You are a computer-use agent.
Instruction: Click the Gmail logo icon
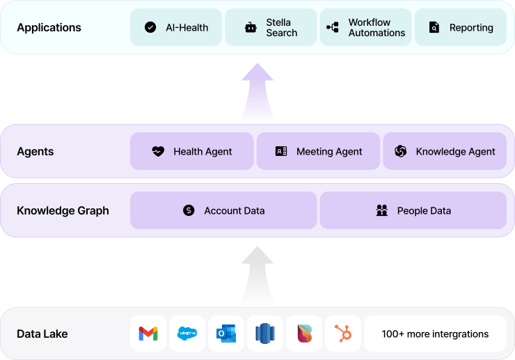point(148,334)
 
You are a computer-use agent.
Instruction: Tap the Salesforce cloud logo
point(187,334)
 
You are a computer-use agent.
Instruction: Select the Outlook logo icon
point(226,334)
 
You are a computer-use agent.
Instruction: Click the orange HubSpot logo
point(342,334)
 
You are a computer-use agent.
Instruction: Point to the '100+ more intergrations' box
point(435,334)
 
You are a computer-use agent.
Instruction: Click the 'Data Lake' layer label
point(42,334)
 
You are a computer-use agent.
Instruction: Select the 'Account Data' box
point(223,210)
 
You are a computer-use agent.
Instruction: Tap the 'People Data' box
point(413,210)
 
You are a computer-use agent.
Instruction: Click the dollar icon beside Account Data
point(189,210)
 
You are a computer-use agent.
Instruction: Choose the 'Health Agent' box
point(191,151)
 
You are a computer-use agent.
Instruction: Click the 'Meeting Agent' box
point(318,151)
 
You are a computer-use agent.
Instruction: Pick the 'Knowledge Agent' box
point(445,151)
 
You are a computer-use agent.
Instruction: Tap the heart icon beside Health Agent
point(158,151)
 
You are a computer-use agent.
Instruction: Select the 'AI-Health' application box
point(176,28)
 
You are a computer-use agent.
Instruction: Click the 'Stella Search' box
point(271,28)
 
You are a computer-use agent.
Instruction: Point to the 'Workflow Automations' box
point(365,28)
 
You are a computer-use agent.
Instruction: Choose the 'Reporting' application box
point(460,28)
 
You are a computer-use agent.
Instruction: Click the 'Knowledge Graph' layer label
point(63,210)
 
